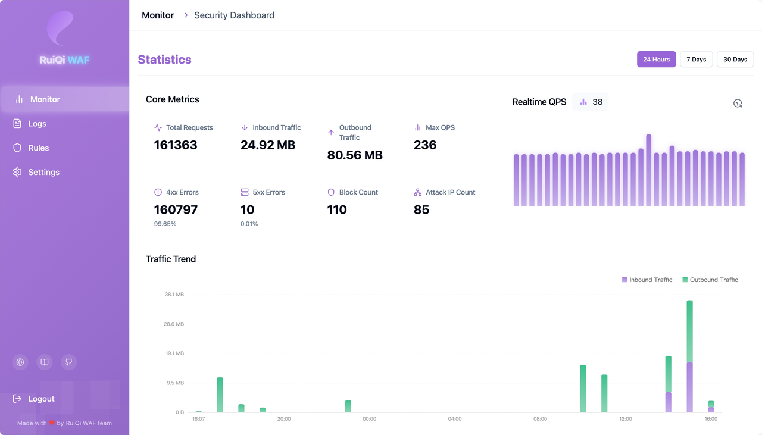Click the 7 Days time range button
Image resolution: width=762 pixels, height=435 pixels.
[696, 59]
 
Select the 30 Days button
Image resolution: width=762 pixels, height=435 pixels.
[735, 59]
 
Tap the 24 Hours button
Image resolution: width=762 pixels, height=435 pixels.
[656, 59]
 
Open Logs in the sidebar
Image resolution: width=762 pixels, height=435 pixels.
[37, 123]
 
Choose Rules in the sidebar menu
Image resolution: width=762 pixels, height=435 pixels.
[39, 148]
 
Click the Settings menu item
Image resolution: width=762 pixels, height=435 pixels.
[44, 172]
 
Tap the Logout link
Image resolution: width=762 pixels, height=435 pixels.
[41, 399]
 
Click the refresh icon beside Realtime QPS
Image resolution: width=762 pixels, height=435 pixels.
[738, 103]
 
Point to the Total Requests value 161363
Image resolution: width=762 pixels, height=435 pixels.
[176, 145]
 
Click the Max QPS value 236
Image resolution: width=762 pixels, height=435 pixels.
[425, 145]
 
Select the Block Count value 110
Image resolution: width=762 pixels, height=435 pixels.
[337, 209]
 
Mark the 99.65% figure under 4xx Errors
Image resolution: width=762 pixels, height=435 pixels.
[165, 224]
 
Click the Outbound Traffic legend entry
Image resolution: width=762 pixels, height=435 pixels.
[710, 280]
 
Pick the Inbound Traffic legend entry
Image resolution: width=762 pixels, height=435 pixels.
[647, 280]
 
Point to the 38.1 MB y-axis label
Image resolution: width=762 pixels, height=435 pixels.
[174, 294]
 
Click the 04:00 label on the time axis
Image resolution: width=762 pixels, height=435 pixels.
[454, 419]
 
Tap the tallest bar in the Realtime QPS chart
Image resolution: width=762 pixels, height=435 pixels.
[649, 170]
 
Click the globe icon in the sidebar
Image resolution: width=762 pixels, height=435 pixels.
[20, 362]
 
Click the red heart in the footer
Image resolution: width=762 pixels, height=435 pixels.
[52, 423]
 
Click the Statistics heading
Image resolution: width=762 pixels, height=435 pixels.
[165, 60]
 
